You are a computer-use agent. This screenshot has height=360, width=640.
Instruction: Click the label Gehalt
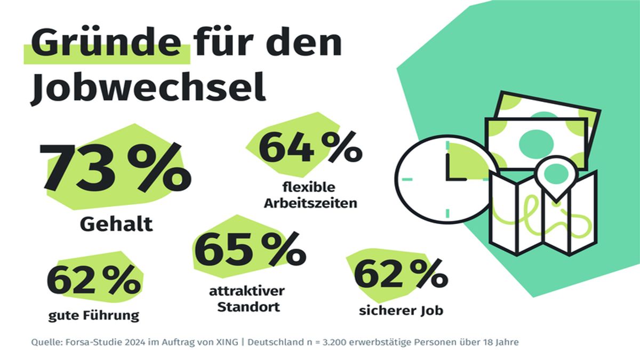pyautogui.click(x=116, y=224)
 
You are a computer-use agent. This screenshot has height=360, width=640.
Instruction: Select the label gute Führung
pyautogui.click(x=93, y=315)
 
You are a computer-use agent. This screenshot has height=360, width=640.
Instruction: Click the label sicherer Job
pyautogui.click(x=401, y=310)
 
